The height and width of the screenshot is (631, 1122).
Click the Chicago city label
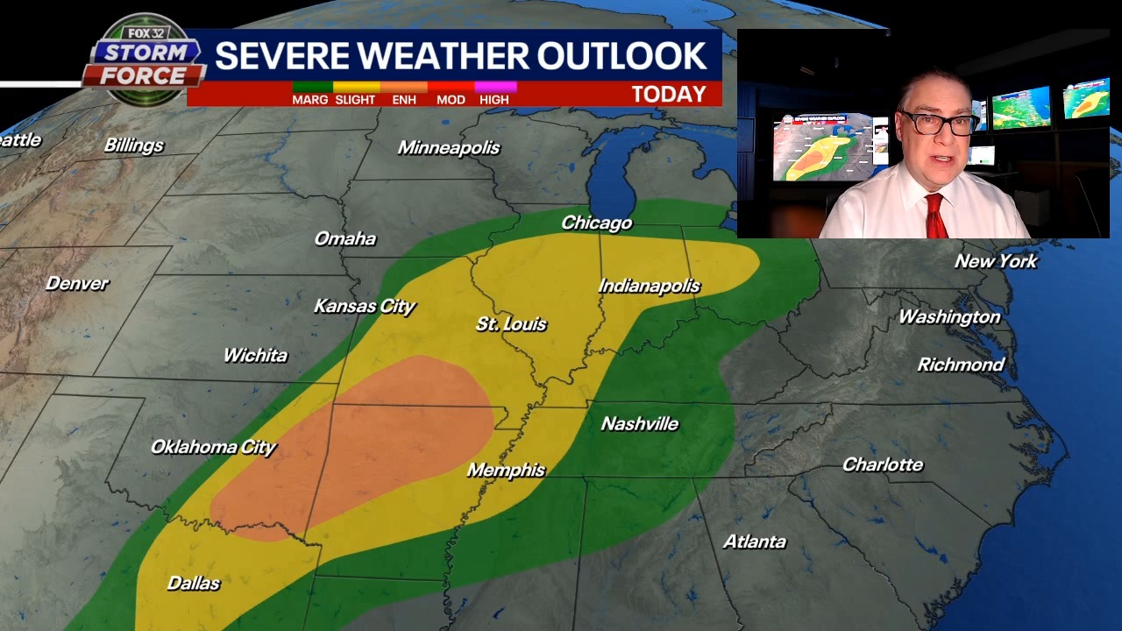click(596, 223)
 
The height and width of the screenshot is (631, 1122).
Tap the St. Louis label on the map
click(511, 324)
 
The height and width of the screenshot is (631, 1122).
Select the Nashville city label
click(639, 424)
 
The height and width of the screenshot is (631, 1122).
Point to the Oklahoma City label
click(213, 447)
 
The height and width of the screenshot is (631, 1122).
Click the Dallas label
click(194, 584)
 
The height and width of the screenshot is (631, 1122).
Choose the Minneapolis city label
click(449, 148)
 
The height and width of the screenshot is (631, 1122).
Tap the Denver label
click(77, 284)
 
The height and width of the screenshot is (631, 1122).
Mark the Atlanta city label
click(754, 542)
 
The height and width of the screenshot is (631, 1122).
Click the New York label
click(996, 261)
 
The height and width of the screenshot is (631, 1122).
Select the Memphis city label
click(506, 471)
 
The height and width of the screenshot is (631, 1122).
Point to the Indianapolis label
click(649, 287)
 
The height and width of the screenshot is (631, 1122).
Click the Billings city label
click(134, 145)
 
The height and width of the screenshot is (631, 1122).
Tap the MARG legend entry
click(310, 100)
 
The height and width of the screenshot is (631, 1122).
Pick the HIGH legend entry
click(494, 100)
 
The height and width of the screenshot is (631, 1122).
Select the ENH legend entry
click(404, 100)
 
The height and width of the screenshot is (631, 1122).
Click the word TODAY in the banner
click(669, 94)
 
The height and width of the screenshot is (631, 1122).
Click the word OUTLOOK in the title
click(621, 56)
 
